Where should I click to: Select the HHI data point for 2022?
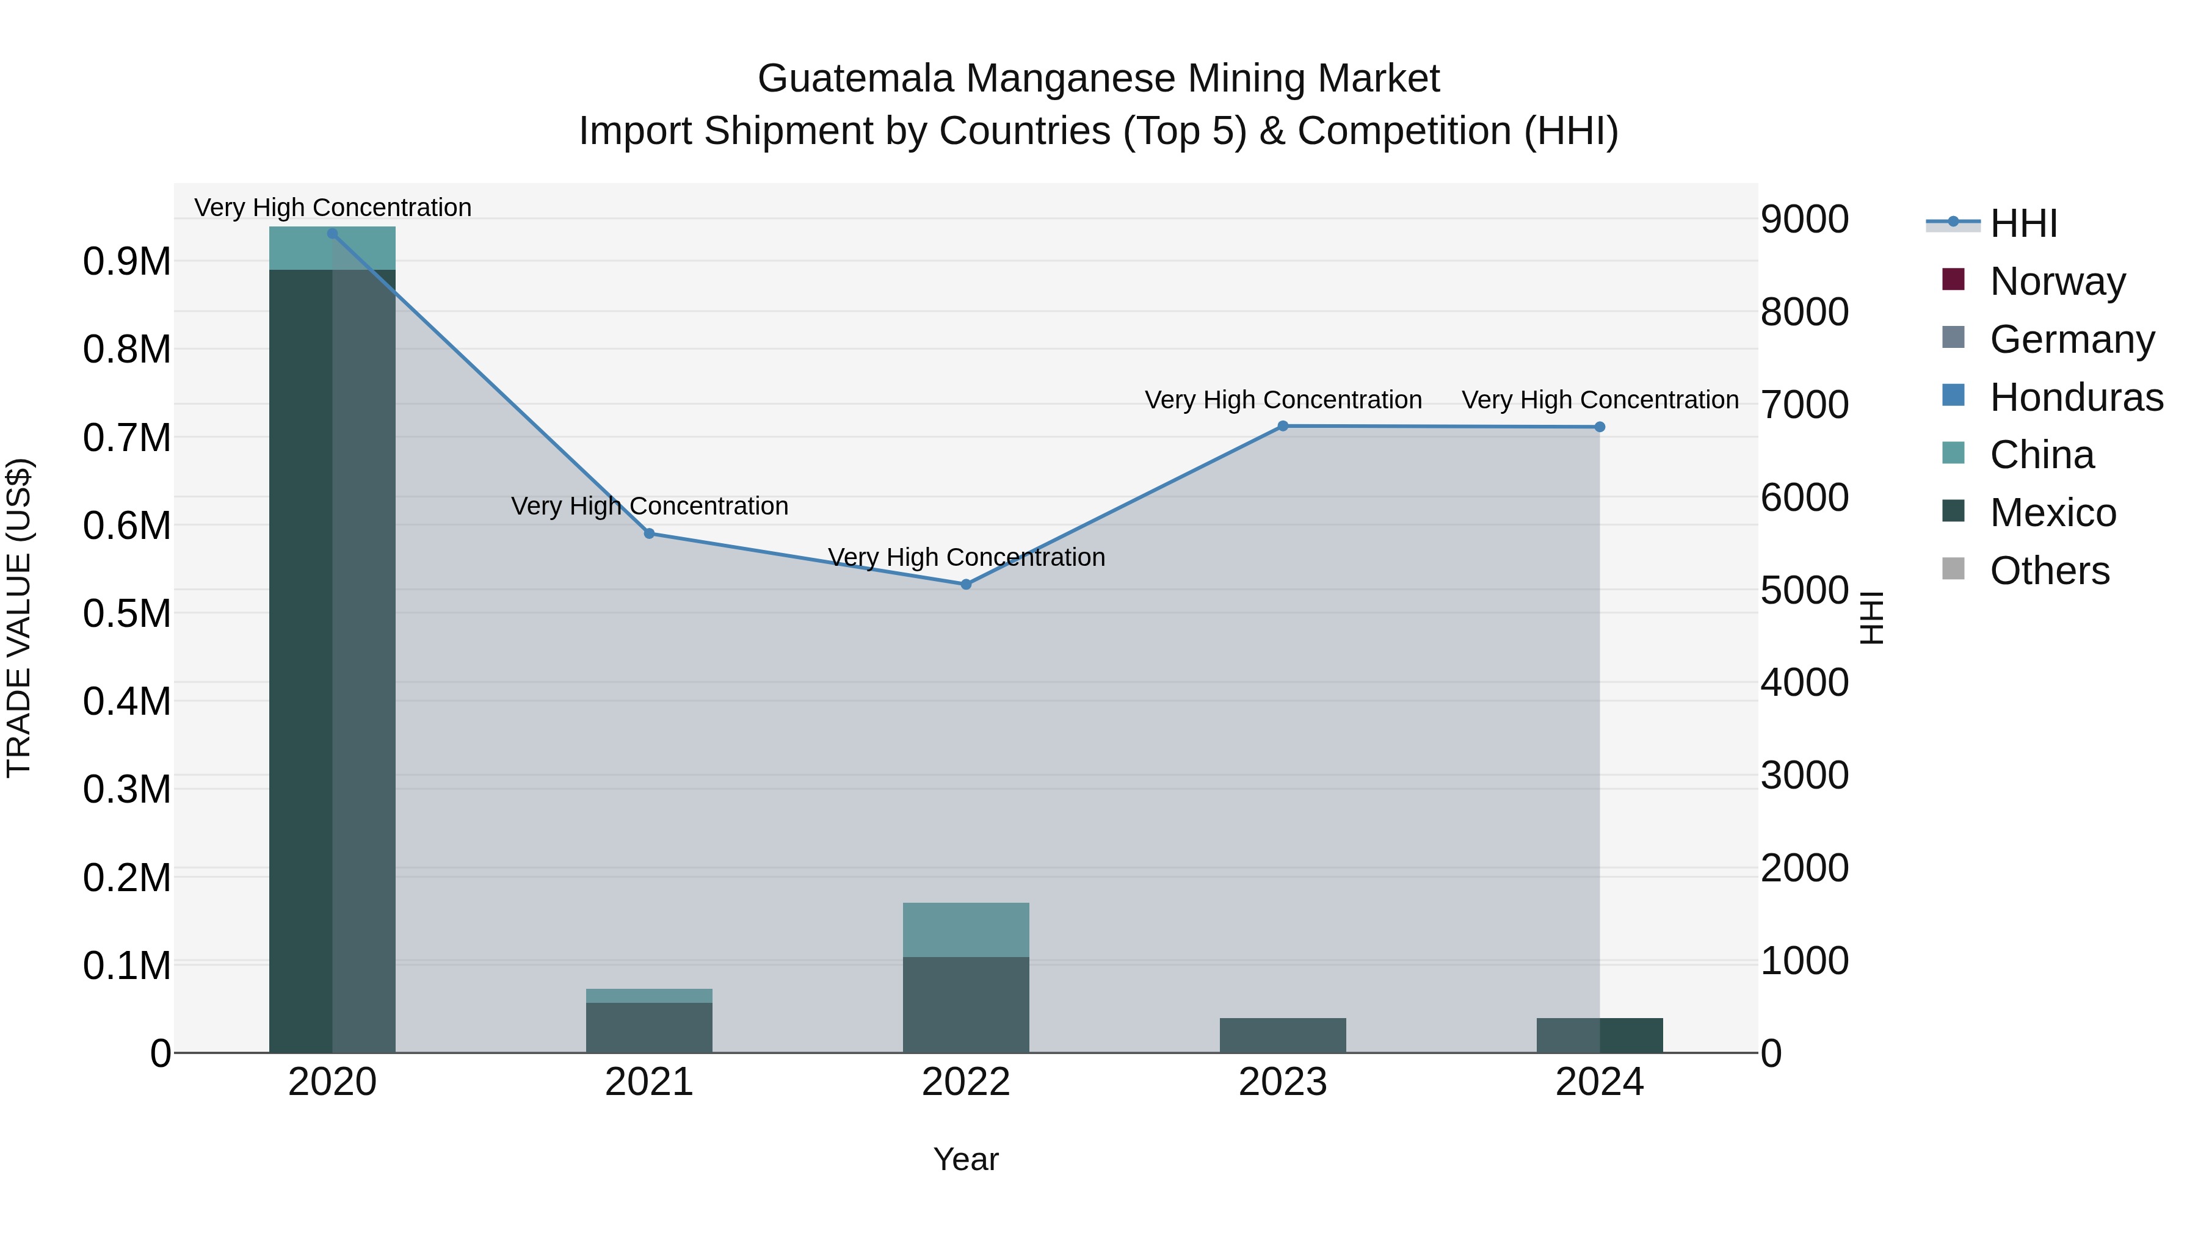coord(966,584)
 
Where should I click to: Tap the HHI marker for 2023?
coord(1282,427)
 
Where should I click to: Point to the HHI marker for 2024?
coord(1600,427)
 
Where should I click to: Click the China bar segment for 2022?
coord(966,930)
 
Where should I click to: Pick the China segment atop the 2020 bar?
coord(333,248)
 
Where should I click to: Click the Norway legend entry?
coord(2056,281)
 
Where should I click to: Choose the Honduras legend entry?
coord(2075,397)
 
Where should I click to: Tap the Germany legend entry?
coord(2071,339)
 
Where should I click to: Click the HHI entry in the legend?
coord(2022,223)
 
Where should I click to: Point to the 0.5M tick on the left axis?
coord(126,613)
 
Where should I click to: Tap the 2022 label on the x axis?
coord(966,1082)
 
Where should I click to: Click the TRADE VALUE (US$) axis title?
coord(20,618)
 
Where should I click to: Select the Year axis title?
coord(966,1159)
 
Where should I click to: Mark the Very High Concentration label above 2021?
coord(650,506)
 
